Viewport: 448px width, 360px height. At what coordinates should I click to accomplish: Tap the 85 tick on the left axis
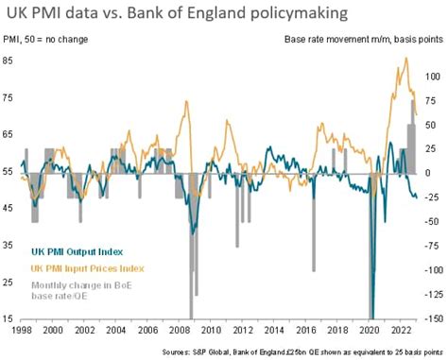click(17, 60)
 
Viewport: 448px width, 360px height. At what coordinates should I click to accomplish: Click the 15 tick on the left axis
click(17, 319)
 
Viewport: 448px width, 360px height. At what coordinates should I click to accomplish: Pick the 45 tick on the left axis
click(17, 209)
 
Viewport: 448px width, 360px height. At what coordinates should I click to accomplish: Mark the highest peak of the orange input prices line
click(405, 59)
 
